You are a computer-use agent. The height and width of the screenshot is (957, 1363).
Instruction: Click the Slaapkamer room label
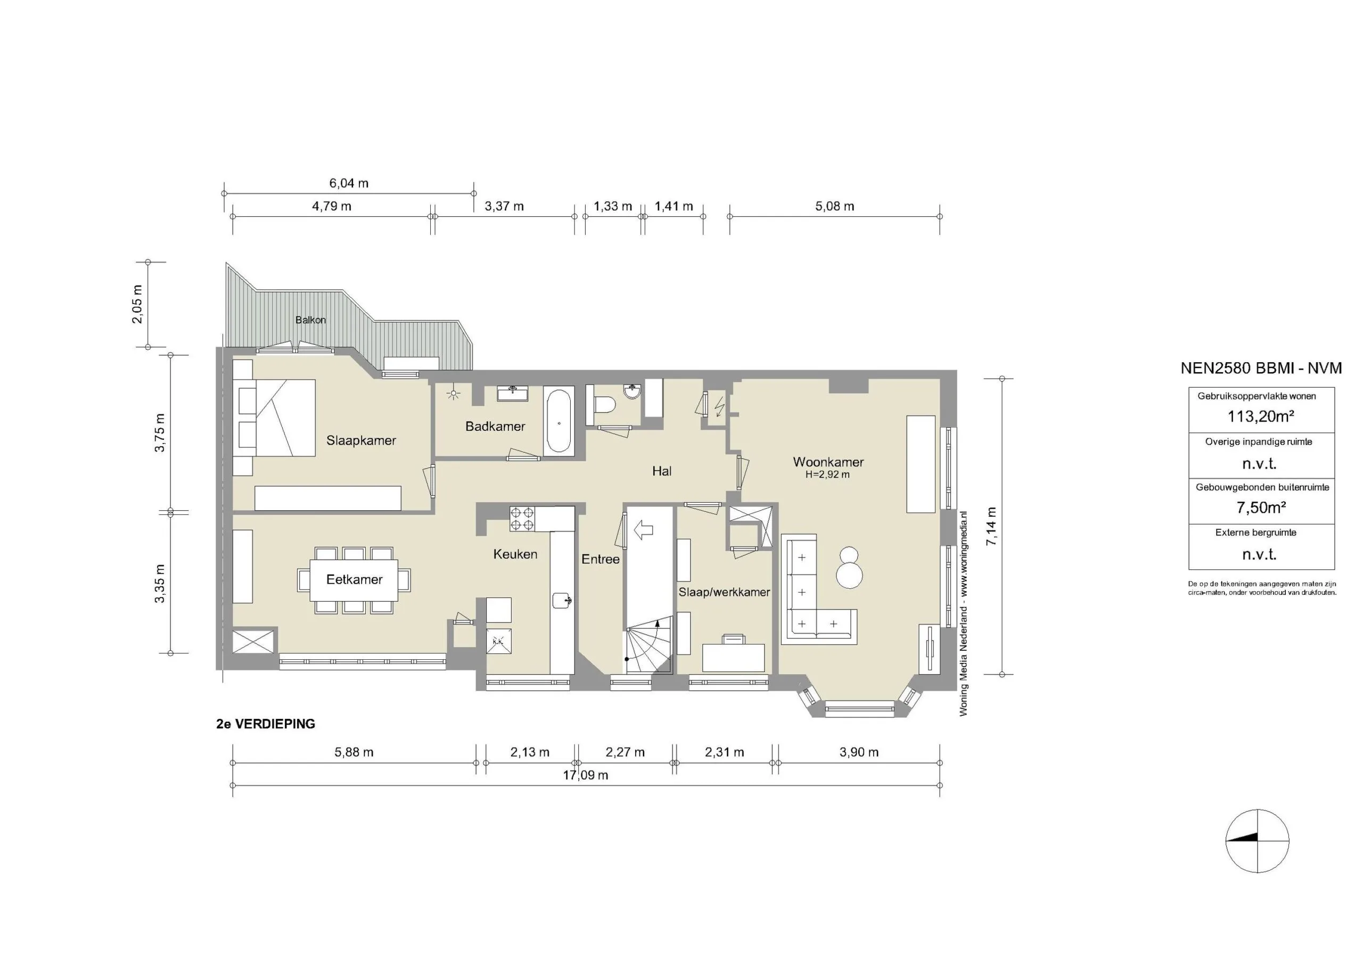click(x=361, y=440)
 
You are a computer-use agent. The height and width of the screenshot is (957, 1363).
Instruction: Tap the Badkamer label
click(x=495, y=426)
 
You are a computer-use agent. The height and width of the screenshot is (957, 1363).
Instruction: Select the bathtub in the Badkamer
click(x=558, y=420)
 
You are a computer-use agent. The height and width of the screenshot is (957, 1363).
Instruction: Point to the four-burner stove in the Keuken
click(x=522, y=518)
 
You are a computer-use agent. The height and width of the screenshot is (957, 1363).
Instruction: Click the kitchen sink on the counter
click(x=562, y=600)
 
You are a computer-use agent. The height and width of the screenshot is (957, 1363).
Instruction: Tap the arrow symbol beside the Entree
click(x=644, y=529)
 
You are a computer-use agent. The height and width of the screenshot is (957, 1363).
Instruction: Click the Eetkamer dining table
click(x=354, y=579)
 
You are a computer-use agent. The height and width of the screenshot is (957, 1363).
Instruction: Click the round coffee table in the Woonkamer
click(x=849, y=575)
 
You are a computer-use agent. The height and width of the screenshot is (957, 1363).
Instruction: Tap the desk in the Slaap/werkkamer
click(x=733, y=657)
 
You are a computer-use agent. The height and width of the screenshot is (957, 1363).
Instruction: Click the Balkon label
click(x=310, y=320)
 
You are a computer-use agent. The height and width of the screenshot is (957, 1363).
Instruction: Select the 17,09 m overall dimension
click(x=585, y=775)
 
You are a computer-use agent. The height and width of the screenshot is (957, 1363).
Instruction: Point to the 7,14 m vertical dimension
click(x=991, y=527)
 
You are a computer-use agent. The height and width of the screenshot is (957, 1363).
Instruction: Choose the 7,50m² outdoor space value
click(x=1261, y=508)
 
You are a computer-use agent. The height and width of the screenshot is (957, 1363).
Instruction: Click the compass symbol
click(x=1258, y=841)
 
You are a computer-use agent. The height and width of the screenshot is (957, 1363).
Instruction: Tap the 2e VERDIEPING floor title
click(x=266, y=724)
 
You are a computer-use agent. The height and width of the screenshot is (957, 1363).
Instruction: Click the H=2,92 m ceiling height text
click(x=827, y=475)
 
